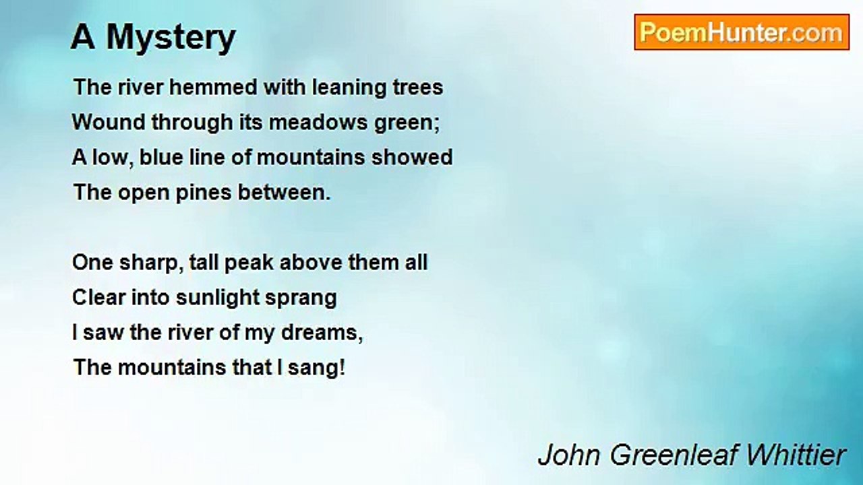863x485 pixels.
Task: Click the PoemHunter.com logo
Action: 741,32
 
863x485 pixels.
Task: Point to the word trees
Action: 417,88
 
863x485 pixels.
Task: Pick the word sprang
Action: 303,298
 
